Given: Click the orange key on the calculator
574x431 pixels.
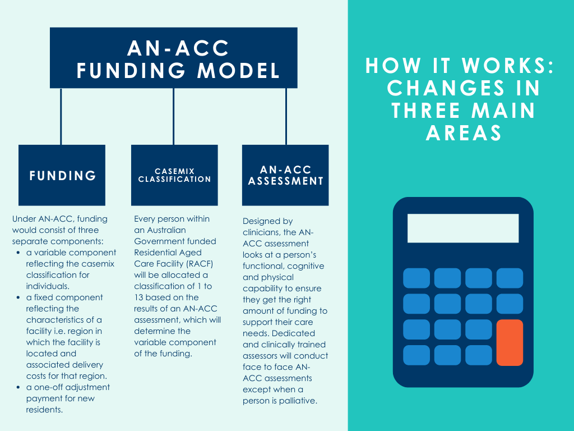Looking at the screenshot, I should [x=510, y=342].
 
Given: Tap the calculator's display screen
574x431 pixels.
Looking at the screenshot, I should [x=463, y=228].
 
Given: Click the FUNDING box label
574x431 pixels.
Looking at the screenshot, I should [x=62, y=176].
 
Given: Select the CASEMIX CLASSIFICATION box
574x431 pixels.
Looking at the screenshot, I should [x=174, y=175].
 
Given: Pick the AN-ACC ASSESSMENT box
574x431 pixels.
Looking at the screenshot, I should [x=285, y=175].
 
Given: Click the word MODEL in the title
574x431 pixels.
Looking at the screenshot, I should [x=243, y=71].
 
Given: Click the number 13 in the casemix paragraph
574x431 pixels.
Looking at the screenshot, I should [x=140, y=297].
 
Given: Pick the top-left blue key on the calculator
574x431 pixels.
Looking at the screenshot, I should [x=416, y=278].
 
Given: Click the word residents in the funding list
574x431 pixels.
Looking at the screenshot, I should [x=44, y=410].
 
